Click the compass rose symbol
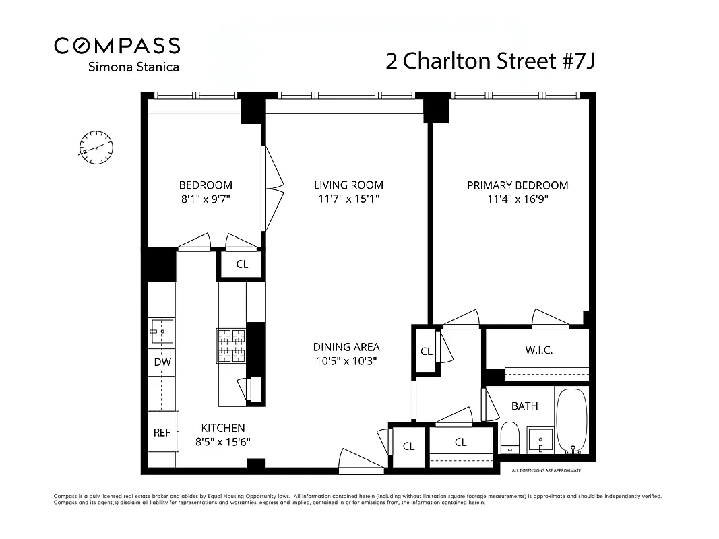pyautogui.click(x=96, y=147)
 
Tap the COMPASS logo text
pyautogui.click(x=117, y=45)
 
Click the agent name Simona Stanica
pyautogui.click(x=134, y=67)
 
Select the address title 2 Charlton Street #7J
pyautogui.click(x=490, y=61)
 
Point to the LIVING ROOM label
pyautogui.click(x=348, y=185)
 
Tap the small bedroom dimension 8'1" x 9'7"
pyautogui.click(x=206, y=199)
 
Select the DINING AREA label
pyautogui.click(x=346, y=347)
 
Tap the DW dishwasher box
pyautogui.click(x=162, y=362)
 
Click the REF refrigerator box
pyautogui.click(x=162, y=433)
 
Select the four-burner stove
pyautogui.click(x=231, y=345)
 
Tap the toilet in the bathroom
pyautogui.click(x=510, y=438)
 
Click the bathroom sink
pyautogui.click(x=540, y=440)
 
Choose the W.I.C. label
pyautogui.click(x=539, y=350)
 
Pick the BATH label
pyautogui.click(x=524, y=406)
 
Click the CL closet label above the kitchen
pyautogui.click(x=242, y=265)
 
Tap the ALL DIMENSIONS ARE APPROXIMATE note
pyautogui.click(x=546, y=470)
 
